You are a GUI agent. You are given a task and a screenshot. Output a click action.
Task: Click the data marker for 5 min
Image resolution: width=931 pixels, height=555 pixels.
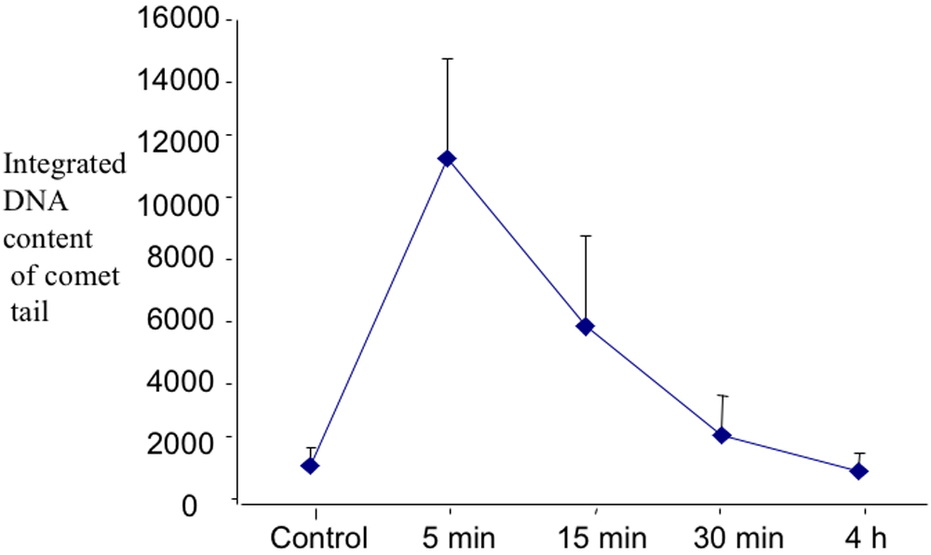[x=447, y=158]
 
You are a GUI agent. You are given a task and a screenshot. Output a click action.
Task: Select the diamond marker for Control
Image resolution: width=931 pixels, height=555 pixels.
[x=310, y=466]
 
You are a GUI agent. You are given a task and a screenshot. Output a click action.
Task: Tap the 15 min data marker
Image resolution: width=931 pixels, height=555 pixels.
[x=586, y=326]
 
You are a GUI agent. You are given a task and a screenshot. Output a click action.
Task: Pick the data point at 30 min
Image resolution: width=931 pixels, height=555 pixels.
[x=722, y=435]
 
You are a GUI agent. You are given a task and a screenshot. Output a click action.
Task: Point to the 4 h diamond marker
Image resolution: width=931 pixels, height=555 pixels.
[x=858, y=471]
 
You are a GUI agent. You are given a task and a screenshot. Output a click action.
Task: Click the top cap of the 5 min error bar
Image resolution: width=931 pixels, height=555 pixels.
[x=447, y=59]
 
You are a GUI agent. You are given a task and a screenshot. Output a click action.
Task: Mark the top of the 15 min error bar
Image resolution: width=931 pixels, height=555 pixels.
[x=586, y=236]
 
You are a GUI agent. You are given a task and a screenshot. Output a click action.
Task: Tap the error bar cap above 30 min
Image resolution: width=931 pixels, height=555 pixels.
[x=722, y=396]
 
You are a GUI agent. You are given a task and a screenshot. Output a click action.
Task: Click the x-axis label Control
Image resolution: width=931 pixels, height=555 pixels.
[x=318, y=538]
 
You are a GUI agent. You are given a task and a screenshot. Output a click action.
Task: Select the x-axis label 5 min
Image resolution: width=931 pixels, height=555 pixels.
[x=451, y=538]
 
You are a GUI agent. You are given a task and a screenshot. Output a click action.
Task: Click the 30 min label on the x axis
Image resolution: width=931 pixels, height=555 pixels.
[x=738, y=538]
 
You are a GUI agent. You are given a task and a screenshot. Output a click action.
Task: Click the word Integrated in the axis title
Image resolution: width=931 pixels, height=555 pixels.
[x=65, y=165]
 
